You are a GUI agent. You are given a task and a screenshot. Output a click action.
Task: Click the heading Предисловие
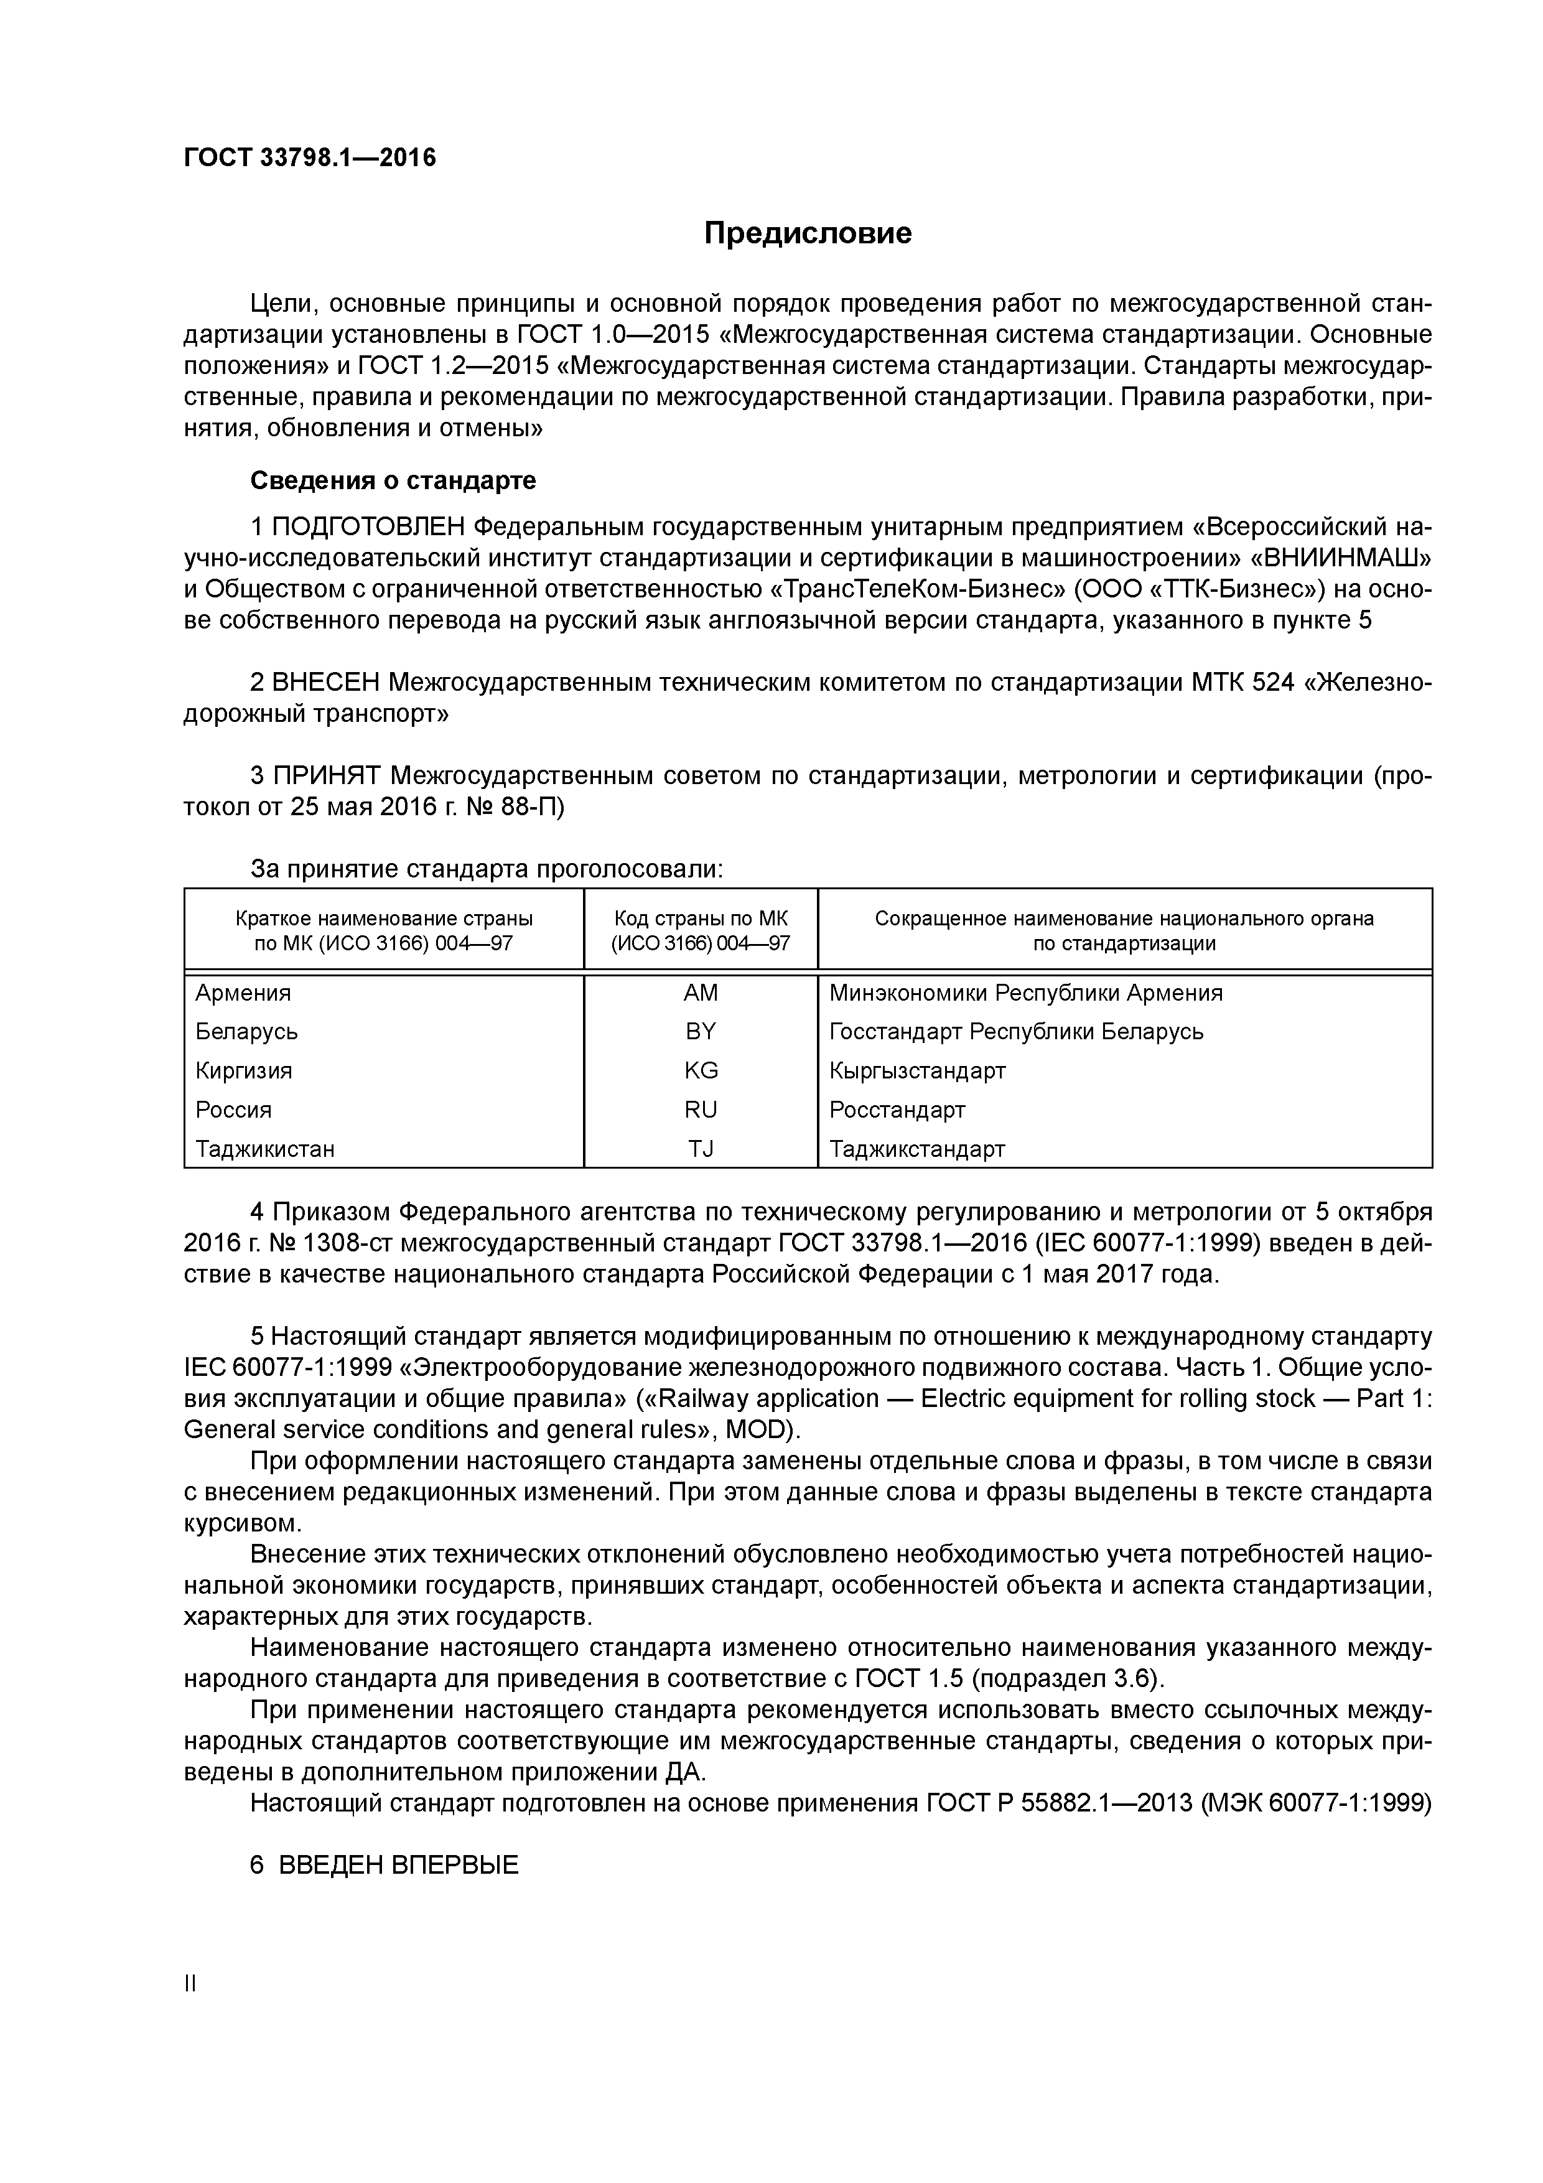pos(807,233)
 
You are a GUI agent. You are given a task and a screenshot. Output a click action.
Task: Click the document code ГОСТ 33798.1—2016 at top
pos(310,157)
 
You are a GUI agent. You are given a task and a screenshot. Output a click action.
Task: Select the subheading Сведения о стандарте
pos(393,481)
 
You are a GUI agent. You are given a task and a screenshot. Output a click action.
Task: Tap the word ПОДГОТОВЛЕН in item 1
pos(370,526)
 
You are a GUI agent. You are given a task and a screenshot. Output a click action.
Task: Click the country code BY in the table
pos(700,1032)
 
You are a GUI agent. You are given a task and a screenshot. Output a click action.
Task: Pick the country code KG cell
pos(701,1070)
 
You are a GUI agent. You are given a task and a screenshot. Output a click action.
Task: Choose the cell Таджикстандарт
pos(916,1149)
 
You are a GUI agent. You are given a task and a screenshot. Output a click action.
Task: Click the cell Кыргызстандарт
pos(916,1070)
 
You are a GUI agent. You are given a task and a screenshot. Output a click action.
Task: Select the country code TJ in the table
pos(701,1149)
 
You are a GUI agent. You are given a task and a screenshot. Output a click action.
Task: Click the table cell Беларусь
pos(246,1032)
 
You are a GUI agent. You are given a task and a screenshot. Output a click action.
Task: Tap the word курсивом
pos(241,1523)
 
